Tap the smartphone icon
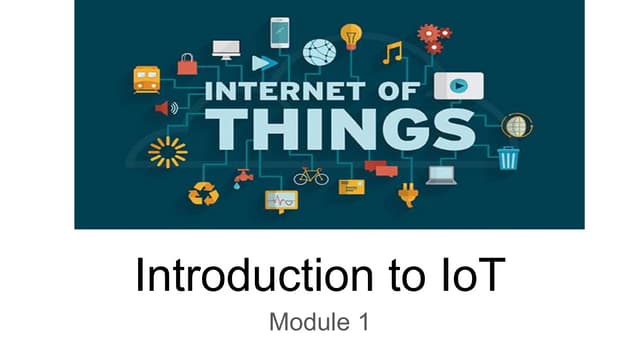click(279, 32)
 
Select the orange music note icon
click(392, 51)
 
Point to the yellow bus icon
click(147, 79)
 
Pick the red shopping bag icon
click(187, 64)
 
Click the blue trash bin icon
click(509, 158)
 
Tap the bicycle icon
click(310, 176)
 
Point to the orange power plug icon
click(407, 194)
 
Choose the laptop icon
click(441, 176)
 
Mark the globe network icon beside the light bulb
click(319, 51)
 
